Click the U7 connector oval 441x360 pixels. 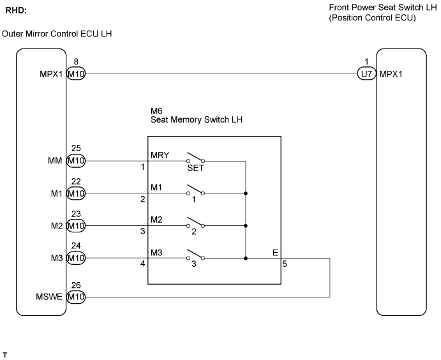367,74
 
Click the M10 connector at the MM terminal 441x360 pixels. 76,161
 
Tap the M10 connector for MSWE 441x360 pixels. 76,297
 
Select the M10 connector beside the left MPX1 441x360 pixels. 76,74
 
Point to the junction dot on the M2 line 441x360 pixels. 246,226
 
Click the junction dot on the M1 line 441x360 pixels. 246,193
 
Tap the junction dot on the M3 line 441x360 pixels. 246,258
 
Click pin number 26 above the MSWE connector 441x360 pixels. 76,285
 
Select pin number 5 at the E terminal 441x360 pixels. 285,264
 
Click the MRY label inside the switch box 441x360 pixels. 160,155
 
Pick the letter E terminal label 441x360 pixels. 275,253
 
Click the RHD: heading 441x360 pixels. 16,11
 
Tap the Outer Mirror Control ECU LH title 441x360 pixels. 57,34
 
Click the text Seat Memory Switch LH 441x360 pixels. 197,119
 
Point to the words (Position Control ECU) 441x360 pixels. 372,18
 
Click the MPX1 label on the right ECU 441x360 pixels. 391,74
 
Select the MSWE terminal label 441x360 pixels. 49,297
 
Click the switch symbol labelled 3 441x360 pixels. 196,255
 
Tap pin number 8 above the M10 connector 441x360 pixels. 76,61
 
